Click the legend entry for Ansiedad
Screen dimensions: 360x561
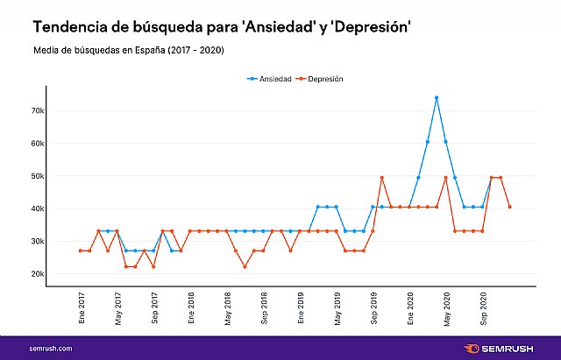point(269,79)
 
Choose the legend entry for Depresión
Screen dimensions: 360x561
point(320,79)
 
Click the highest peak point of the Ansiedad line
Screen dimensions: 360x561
point(437,97)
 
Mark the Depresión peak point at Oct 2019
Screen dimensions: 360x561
point(382,178)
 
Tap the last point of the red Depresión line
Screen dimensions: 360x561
point(510,207)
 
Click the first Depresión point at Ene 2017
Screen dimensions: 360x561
point(81,251)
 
